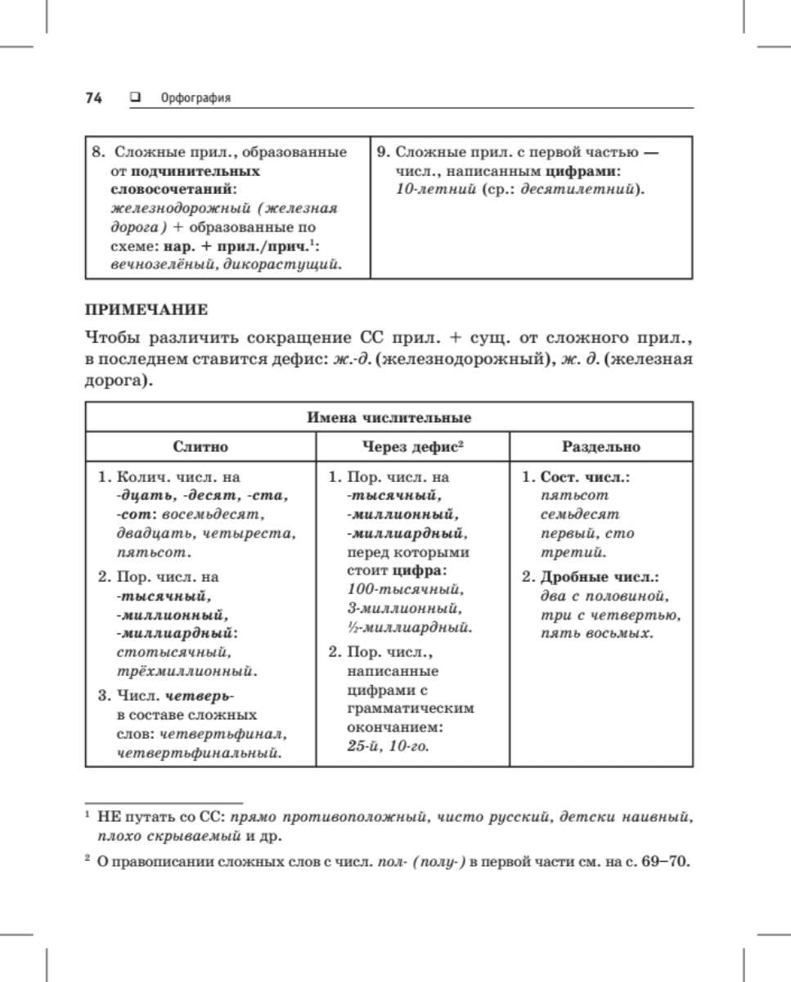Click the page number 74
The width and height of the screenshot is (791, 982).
point(93,98)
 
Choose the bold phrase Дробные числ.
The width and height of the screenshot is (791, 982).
point(600,576)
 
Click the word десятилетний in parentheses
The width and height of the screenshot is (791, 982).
point(587,191)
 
